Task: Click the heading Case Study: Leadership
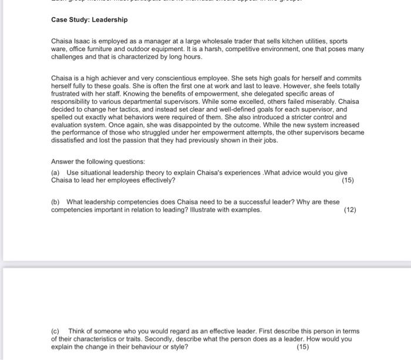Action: (x=89, y=20)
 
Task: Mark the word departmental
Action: (x=143, y=109)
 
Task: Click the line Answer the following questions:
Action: (x=98, y=162)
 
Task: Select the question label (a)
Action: (x=56, y=173)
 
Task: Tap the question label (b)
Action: (x=56, y=202)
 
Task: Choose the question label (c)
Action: (x=56, y=331)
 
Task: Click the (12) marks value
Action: (x=350, y=210)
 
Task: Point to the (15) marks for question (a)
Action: (x=348, y=180)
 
